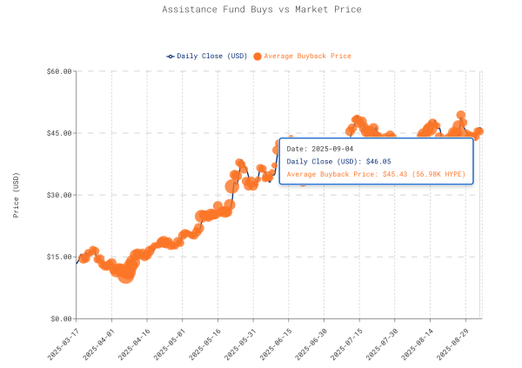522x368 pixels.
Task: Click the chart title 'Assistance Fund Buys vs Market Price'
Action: tap(261, 10)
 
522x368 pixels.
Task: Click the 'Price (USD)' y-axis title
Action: tap(16, 195)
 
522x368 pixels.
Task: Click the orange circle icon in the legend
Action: tap(257, 56)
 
